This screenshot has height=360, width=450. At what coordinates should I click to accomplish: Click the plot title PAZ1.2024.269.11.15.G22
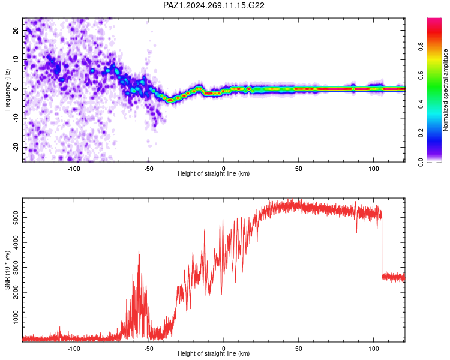click(x=214, y=5)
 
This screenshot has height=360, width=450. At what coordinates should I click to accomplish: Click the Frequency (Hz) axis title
click(x=7, y=89)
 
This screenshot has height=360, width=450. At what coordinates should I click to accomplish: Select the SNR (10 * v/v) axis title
click(x=7, y=270)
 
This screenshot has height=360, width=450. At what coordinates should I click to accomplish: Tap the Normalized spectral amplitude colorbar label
click(x=445, y=89)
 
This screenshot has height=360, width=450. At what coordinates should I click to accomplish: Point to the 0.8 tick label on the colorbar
click(x=421, y=46)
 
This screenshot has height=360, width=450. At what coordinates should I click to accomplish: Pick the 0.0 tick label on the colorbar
click(x=421, y=162)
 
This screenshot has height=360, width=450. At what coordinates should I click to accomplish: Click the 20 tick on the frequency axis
click(x=16, y=30)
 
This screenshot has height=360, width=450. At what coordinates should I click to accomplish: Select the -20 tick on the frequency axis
click(x=16, y=148)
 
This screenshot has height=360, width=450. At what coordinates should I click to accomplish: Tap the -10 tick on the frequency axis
click(x=16, y=118)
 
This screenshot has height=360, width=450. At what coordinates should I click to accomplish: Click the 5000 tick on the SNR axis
click(x=16, y=218)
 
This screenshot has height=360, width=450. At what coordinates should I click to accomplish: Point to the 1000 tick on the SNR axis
click(x=16, y=317)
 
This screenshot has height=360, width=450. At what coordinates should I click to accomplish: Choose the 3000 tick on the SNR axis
click(x=16, y=268)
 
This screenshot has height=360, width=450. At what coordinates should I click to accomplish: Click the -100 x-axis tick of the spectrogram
click(x=74, y=169)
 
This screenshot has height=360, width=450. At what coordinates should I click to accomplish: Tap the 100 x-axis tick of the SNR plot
click(x=373, y=349)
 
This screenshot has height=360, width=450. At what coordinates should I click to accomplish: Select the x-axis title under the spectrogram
click(x=214, y=173)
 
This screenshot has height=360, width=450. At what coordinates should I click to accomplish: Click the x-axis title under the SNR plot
click(x=214, y=353)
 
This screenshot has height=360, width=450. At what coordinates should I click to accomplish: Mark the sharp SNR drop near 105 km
click(x=382, y=247)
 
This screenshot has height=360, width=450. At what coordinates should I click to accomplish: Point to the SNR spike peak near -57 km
click(x=139, y=251)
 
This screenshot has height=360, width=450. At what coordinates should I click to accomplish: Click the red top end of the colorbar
click(x=434, y=20)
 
